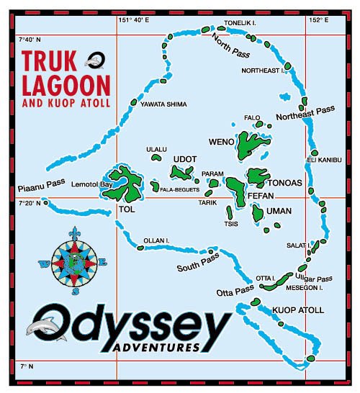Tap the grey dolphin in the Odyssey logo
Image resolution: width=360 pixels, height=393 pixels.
coord(38,329)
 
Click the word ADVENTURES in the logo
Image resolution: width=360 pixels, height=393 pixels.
coord(156,348)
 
